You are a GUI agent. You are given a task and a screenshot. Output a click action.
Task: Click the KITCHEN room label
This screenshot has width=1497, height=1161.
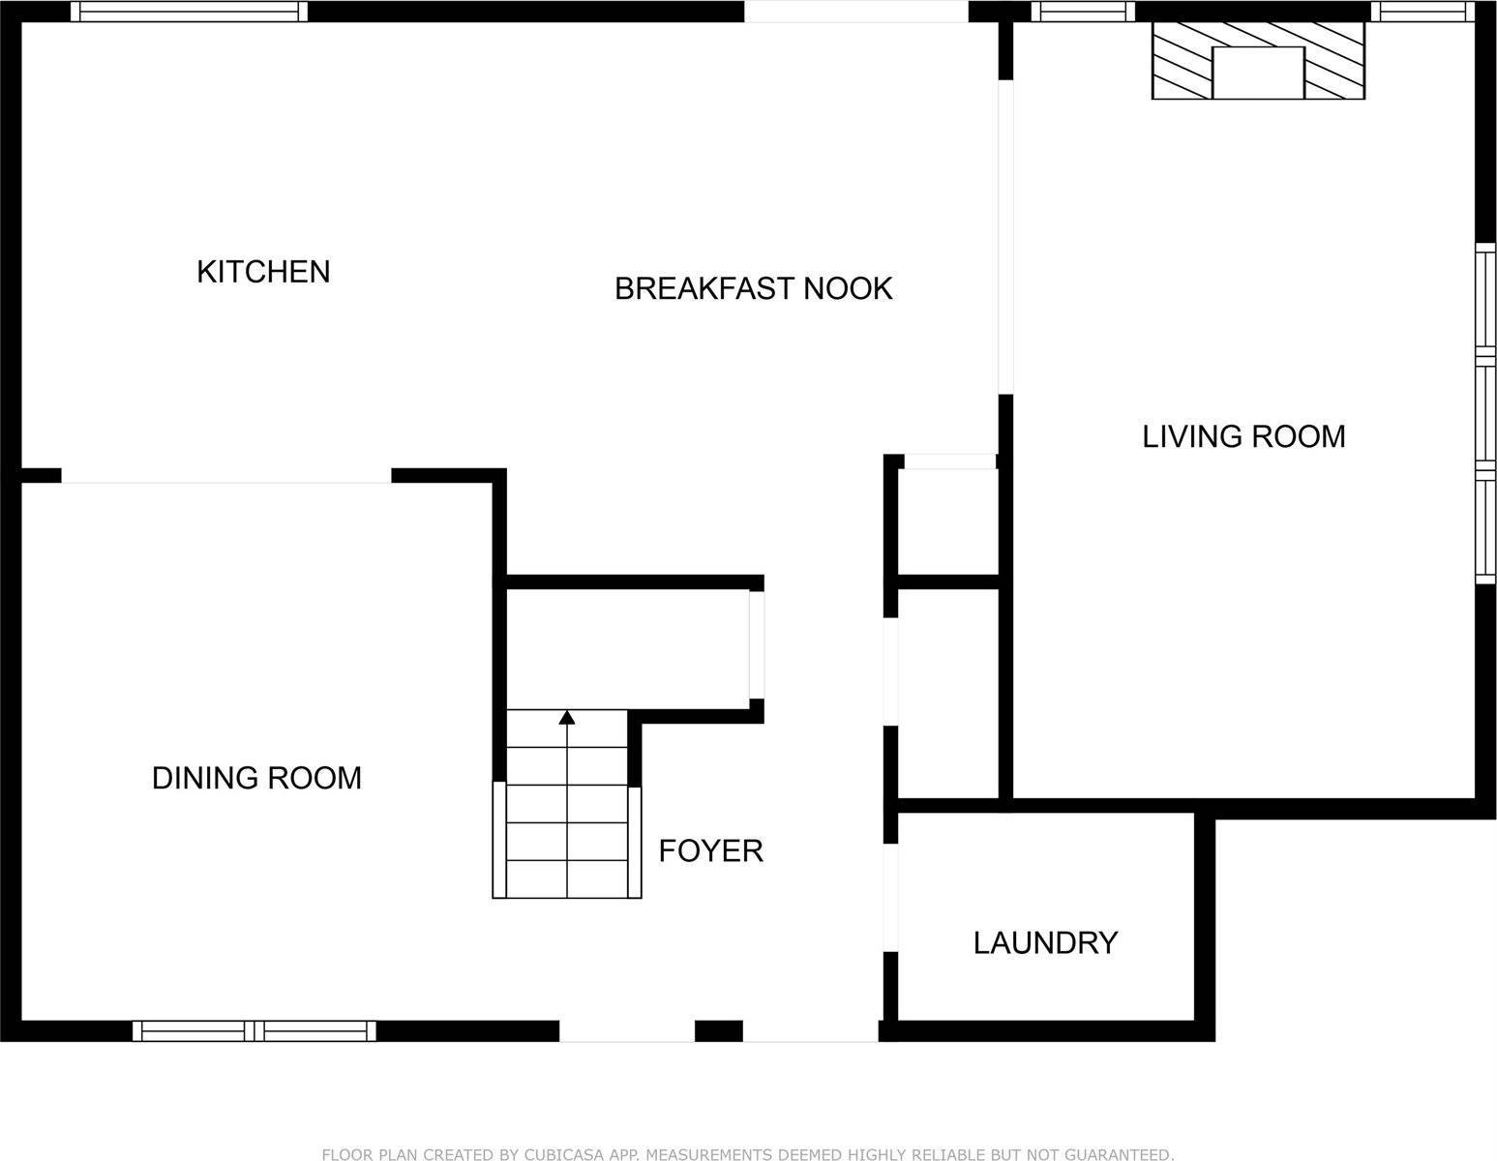[263, 272]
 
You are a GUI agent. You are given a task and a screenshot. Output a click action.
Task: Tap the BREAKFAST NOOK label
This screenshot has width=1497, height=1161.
[753, 288]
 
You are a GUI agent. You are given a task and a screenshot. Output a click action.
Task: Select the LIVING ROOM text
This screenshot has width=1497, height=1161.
[1243, 436]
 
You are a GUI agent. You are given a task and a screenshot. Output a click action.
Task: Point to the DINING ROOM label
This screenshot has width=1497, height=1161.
[256, 778]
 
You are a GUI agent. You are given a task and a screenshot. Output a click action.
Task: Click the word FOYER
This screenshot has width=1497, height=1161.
[710, 850]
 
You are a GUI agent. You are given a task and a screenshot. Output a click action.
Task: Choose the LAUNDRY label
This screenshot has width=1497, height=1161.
[1045, 942]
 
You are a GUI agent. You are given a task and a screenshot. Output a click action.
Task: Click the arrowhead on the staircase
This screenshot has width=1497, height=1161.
[567, 717]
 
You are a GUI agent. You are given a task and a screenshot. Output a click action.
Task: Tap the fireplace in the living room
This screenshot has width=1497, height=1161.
[1258, 60]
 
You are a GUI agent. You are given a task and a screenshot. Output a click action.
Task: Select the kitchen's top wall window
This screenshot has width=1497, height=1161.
[189, 12]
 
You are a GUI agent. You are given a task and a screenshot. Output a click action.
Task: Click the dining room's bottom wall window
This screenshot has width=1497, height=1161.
[254, 1031]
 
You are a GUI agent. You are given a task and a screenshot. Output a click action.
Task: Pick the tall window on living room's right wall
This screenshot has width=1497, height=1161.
[1485, 413]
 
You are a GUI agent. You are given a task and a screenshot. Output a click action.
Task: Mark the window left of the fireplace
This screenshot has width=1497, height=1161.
[1083, 12]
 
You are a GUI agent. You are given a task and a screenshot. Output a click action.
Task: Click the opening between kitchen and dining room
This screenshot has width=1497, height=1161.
[226, 475]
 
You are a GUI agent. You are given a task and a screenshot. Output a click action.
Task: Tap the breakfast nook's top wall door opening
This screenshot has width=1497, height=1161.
[856, 12]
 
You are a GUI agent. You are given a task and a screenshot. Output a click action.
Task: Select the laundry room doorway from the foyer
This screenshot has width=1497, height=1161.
[890, 898]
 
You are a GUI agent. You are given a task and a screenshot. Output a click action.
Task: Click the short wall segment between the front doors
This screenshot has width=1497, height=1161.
[719, 1031]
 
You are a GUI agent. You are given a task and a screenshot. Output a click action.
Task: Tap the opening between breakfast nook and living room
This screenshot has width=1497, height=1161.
[1005, 237]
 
